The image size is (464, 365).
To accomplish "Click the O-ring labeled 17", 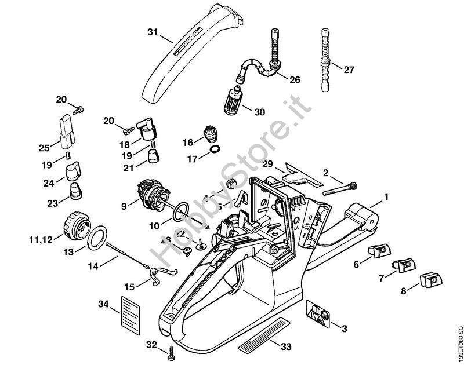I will [214, 153].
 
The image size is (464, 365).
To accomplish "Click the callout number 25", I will [44, 148].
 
